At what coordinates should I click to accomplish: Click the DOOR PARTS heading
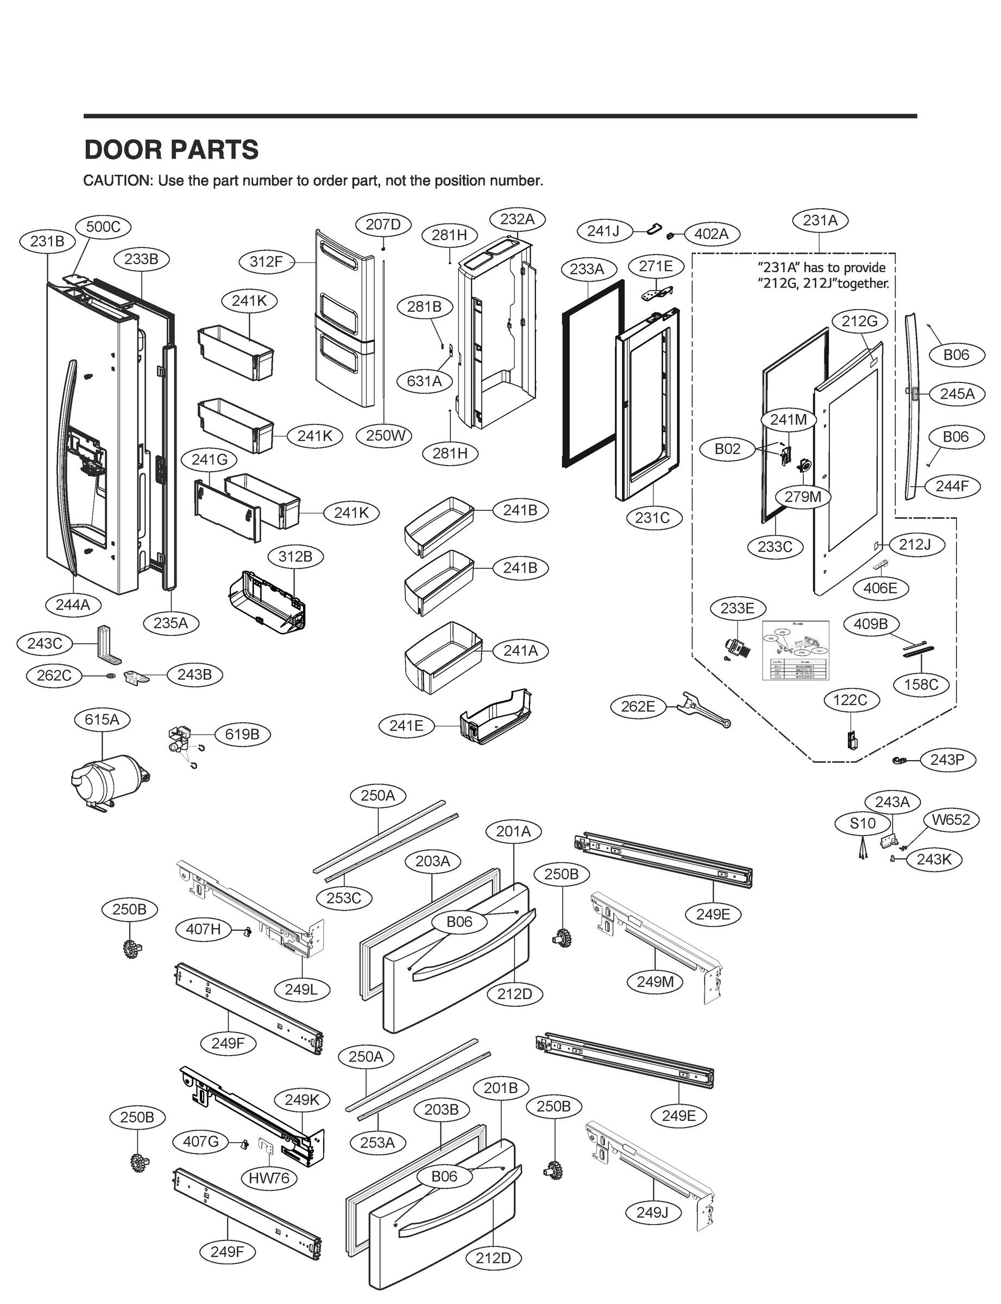[x=172, y=149]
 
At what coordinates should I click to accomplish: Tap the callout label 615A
[x=102, y=719]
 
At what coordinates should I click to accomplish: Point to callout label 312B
[x=295, y=556]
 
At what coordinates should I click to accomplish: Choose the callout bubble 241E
[x=406, y=726]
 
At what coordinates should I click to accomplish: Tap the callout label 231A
[x=820, y=221]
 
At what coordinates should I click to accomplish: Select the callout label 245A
[x=957, y=394]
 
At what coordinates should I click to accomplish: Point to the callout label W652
[x=951, y=820]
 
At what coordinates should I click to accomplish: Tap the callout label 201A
[x=514, y=831]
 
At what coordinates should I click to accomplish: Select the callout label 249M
[x=656, y=982]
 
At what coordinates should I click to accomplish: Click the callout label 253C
[x=344, y=898]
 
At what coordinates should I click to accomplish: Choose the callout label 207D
[x=383, y=225]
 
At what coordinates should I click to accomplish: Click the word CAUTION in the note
[x=118, y=181]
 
